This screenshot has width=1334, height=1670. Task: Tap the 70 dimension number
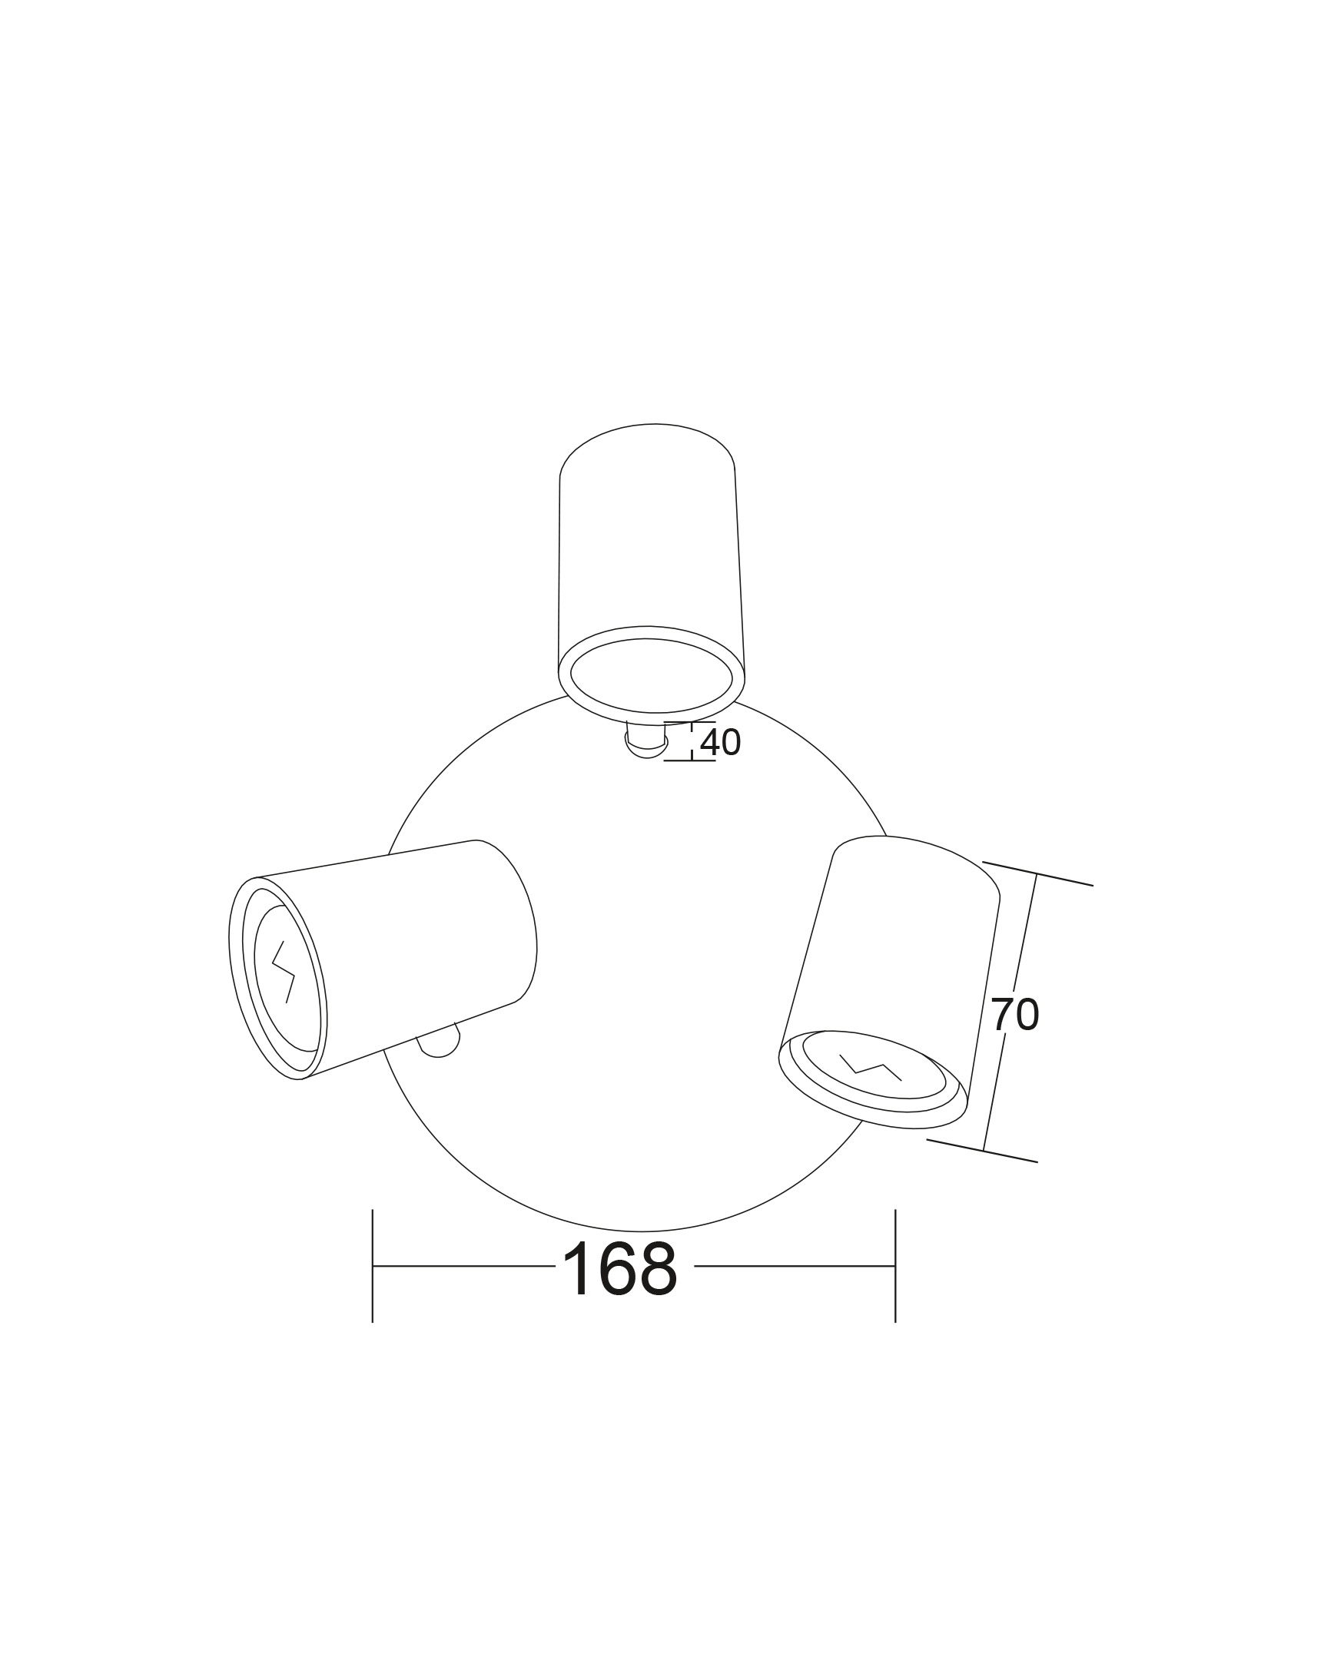pos(1015,1014)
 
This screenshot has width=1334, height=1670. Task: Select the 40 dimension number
pos(721,743)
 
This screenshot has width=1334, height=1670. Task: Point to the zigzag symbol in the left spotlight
pos(284,971)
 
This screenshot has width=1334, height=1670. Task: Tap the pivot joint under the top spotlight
pos(646,741)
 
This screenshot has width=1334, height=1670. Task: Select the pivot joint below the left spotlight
pos(440,1040)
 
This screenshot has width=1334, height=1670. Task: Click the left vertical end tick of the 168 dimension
pos(373,1266)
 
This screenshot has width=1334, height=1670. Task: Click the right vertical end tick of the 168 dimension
pos(895,1266)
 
